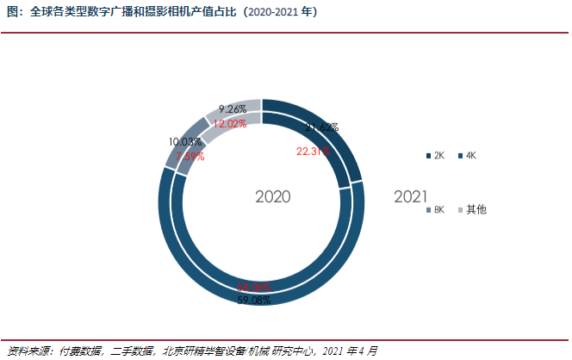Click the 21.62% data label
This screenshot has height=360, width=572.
pos(321,128)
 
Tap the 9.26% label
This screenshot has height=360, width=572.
pos(233,109)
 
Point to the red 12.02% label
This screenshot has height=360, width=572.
pos(230,123)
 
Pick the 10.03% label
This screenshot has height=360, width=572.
pos(186,141)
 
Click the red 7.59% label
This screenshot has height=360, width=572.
pos(190,156)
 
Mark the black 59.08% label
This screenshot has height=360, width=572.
pos(253,301)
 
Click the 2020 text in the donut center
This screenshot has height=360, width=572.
pos(272,197)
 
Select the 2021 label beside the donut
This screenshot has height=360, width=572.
pos(411,197)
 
